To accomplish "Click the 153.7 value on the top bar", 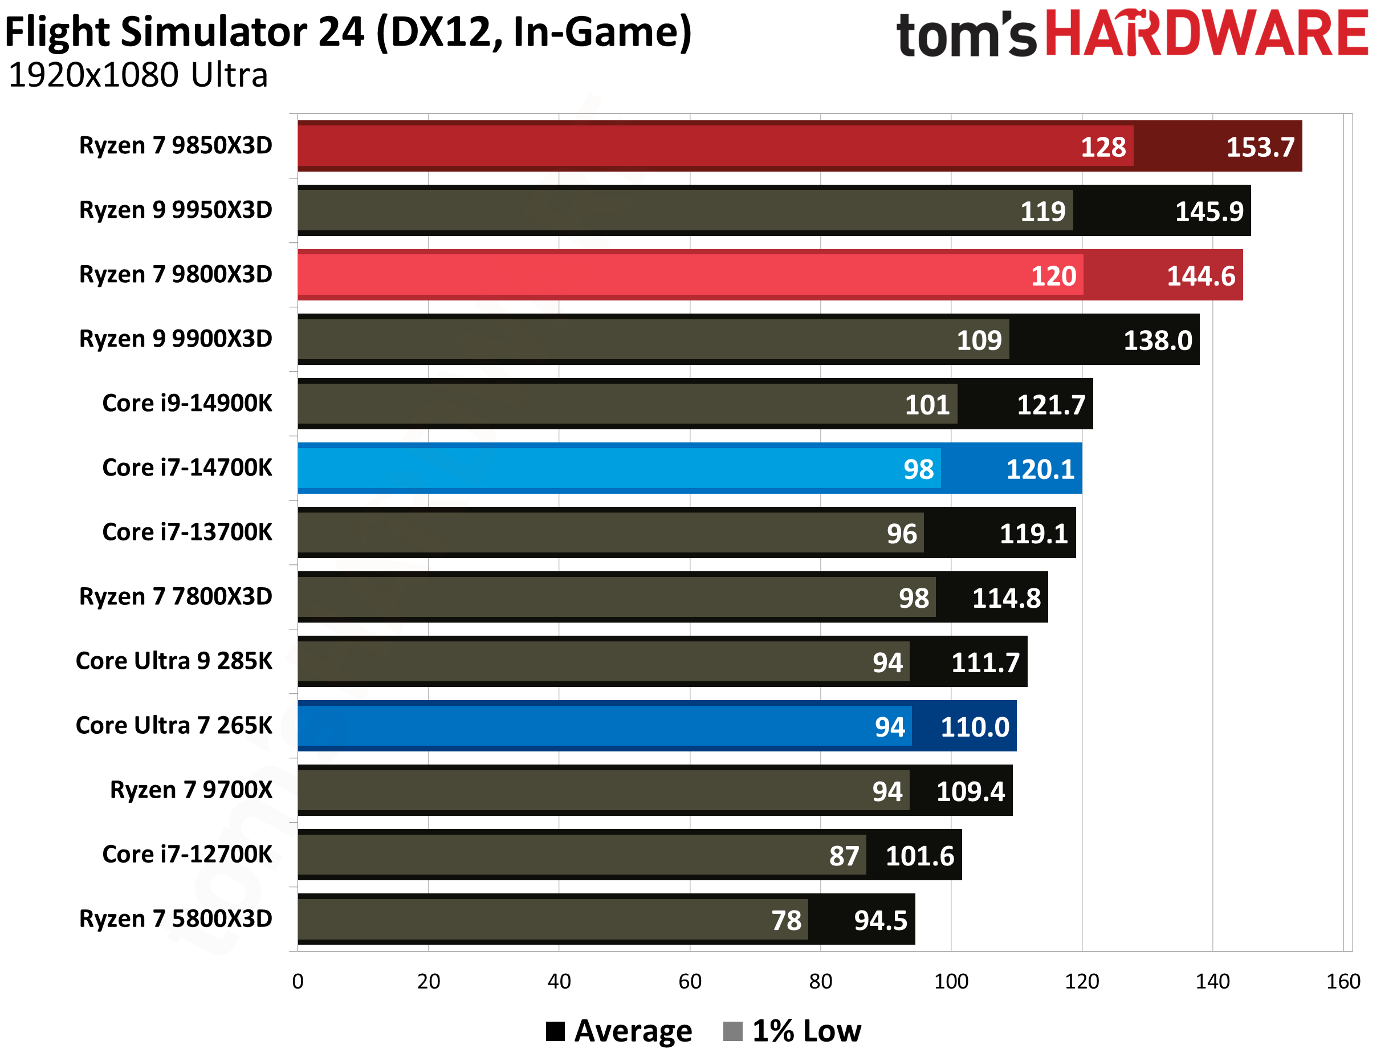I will (x=1260, y=147).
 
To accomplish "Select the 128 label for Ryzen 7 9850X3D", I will (x=1103, y=147).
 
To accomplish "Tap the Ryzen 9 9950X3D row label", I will (x=176, y=210).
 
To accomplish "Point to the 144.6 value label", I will (x=1200, y=276).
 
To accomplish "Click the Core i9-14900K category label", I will (x=187, y=403).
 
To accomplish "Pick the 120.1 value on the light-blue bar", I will (x=1040, y=469).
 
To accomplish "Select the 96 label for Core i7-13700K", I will (x=901, y=534).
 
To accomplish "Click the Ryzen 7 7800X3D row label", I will (x=176, y=596).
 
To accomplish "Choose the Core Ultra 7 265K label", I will (x=174, y=725).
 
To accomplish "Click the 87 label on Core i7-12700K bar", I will (x=844, y=856).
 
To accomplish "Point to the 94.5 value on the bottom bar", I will (x=881, y=921).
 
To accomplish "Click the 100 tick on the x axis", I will (x=951, y=981).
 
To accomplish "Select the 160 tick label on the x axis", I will (x=1343, y=981).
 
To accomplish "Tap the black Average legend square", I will (x=555, y=1031).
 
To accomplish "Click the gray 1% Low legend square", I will (x=732, y=1031).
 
